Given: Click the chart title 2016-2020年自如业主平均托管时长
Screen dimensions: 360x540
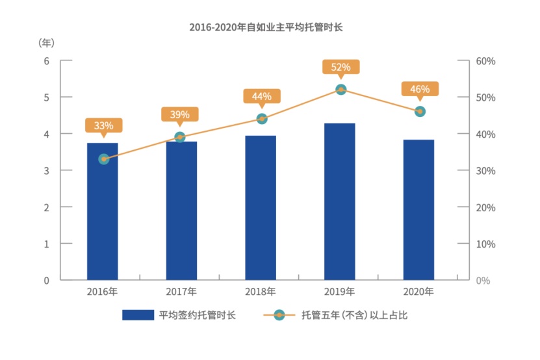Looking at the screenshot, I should (270, 27).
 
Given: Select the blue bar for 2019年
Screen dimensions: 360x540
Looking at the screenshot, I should (340, 201).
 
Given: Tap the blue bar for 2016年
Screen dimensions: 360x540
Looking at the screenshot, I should (103, 211).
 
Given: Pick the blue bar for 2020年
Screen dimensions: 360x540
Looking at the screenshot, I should (419, 209).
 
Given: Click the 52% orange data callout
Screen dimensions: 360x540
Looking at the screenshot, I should (341, 67).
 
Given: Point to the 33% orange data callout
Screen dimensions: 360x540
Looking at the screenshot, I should (103, 125).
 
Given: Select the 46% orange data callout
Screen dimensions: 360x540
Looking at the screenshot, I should (420, 89).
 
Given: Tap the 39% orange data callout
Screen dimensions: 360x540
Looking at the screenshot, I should (180, 114).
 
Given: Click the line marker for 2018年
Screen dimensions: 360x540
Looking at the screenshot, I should (261, 119).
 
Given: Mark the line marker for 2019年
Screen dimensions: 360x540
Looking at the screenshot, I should (341, 90).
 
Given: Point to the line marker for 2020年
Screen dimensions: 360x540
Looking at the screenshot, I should (420, 111).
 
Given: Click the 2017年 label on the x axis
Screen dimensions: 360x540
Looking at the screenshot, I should (182, 292).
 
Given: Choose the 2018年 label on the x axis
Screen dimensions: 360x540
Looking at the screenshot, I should (261, 292).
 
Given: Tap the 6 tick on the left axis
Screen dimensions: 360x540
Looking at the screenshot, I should (46, 61).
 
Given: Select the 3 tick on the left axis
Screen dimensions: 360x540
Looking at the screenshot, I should (46, 171).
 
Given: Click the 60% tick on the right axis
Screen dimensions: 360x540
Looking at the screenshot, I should (486, 61).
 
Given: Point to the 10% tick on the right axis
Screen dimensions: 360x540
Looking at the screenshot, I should (486, 244).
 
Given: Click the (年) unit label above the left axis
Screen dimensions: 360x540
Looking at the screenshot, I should (46, 43).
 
